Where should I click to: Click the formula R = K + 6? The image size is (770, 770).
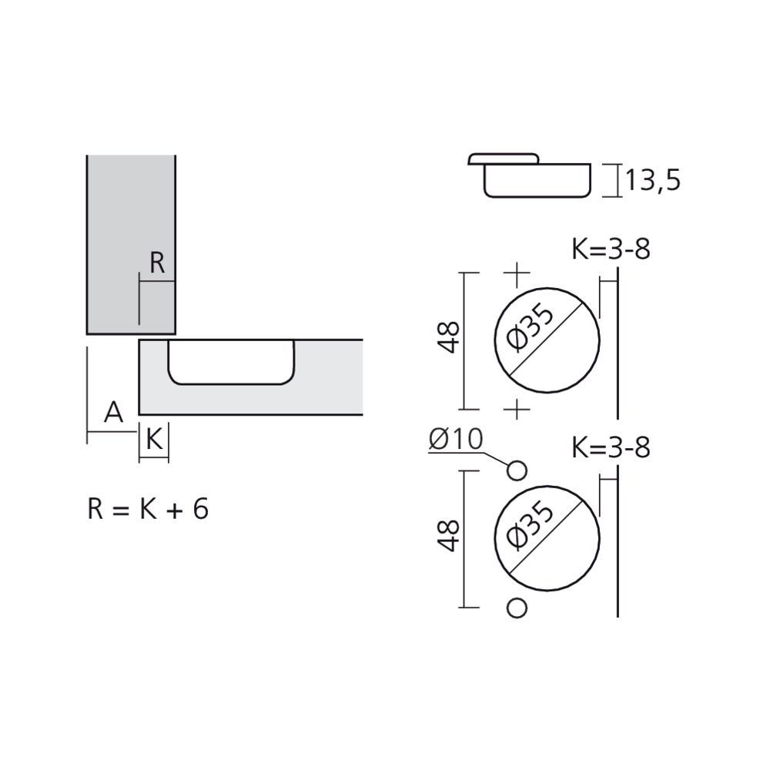tap(148, 509)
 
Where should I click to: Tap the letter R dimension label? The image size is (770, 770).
tap(157, 263)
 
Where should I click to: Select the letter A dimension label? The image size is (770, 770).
tap(113, 413)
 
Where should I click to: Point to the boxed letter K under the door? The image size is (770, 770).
tap(153, 440)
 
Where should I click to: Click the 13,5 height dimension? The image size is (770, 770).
tap(652, 181)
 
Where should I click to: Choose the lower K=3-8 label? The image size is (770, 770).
tap(611, 447)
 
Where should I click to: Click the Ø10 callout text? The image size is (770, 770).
tap(455, 439)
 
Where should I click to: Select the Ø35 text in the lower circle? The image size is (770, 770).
tap(531, 525)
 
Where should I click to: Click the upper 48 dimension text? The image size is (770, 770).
tap(450, 337)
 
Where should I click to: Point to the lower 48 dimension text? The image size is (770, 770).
tap(450, 535)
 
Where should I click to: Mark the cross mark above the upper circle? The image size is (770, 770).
tap(517, 273)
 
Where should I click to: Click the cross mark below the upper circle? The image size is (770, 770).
tap(517, 409)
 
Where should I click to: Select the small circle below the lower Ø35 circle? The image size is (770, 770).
tap(517, 608)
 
